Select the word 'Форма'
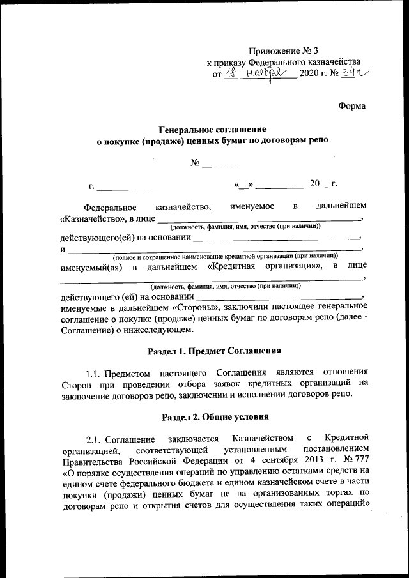pos(352,105)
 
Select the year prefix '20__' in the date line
pos(319,185)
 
